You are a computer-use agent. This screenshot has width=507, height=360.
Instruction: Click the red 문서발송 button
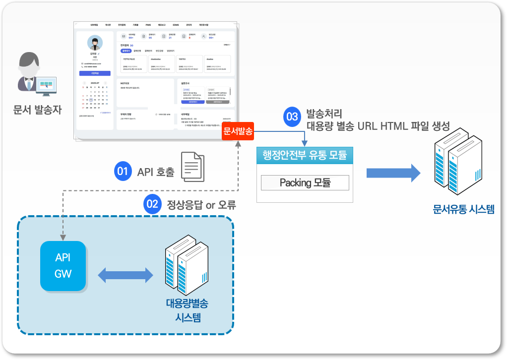pyautogui.click(x=238, y=131)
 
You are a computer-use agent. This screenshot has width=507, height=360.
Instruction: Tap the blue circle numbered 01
pyautogui.click(x=122, y=172)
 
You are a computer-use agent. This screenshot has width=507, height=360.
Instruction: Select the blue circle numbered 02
pyautogui.click(x=151, y=203)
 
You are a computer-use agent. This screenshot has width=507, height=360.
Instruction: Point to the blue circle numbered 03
pyautogui.click(x=292, y=117)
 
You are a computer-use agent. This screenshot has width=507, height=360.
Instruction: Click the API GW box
pyautogui.click(x=63, y=266)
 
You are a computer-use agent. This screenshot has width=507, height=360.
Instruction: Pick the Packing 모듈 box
pyautogui.click(x=305, y=182)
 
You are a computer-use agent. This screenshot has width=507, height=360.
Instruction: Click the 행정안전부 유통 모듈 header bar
pyautogui.click(x=305, y=156)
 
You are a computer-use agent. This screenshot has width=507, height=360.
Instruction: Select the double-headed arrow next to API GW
pyautogui.click(x=126, y=274)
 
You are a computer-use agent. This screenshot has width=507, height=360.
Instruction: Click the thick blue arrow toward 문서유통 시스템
pyautogui.click(x=393, y=173)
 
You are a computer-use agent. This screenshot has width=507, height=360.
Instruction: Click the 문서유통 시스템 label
pyautogui.click(x=463, y=209)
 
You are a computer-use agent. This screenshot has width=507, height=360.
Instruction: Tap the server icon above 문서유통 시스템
pyautogui.click(x=458, y=157)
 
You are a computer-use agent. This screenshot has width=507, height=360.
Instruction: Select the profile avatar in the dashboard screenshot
pyautogui.click(x=94, y=43)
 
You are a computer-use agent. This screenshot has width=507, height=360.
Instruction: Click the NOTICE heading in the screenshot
pyautogui.click(x=125, y=83)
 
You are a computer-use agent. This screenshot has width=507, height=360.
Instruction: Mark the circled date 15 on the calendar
pyautogui.click(x=91, y=99)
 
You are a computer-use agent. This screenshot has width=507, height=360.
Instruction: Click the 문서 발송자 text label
pyautogui.click(x=38, y=110)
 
